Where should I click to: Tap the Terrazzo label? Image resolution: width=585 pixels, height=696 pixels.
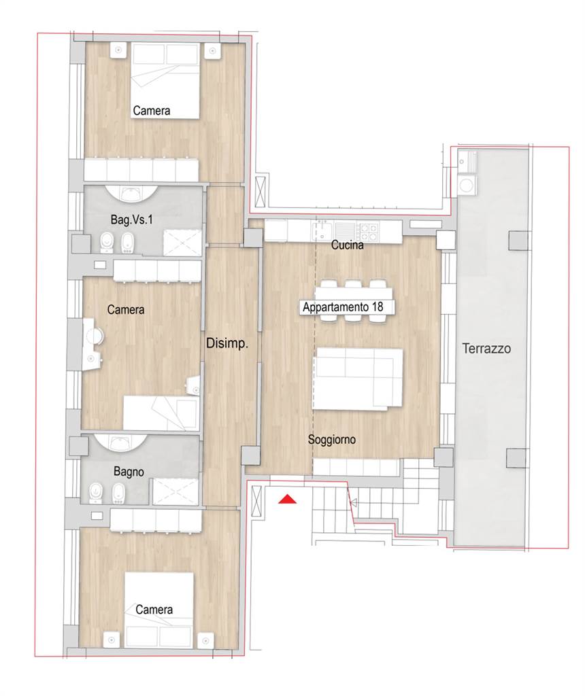pyautogui.click(x=486, y=349)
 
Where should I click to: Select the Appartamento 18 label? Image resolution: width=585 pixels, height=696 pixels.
pyautogui.click(x=343, y=307)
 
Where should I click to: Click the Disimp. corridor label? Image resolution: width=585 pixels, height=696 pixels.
pyautogui.click(x=227, y=343)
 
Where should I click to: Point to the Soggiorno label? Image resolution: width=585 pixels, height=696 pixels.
pyautogui.click(x=332, y=440)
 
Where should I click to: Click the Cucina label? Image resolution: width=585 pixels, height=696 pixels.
pyautogui.click(x=348, y=245)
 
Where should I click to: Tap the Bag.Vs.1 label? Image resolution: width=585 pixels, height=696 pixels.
pyautogui.click(x=131, y=220)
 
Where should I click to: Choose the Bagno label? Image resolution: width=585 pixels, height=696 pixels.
pyautogui.click(x=129, y=472)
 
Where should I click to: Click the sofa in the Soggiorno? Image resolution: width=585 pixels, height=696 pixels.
pyautogui.click(x=358, y=379)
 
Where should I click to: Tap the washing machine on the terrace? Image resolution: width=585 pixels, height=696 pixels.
pyautogui.click(x=467, y=185)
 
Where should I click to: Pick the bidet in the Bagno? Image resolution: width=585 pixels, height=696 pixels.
pyautogui.click(x=118, y=493)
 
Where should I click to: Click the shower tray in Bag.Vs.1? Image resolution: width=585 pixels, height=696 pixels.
pyautogui.click(x=182, y=243)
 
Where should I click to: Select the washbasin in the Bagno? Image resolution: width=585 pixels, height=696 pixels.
pyautogui.click(x=119, y=442)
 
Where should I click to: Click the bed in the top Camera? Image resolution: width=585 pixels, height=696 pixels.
pyautogui.click(x=165, y=81)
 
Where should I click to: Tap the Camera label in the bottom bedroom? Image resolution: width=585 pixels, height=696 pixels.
pyautogui.click(x=154, y=610)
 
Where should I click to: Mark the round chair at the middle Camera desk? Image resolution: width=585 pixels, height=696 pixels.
pyautogui.click(x=95, y=336)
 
